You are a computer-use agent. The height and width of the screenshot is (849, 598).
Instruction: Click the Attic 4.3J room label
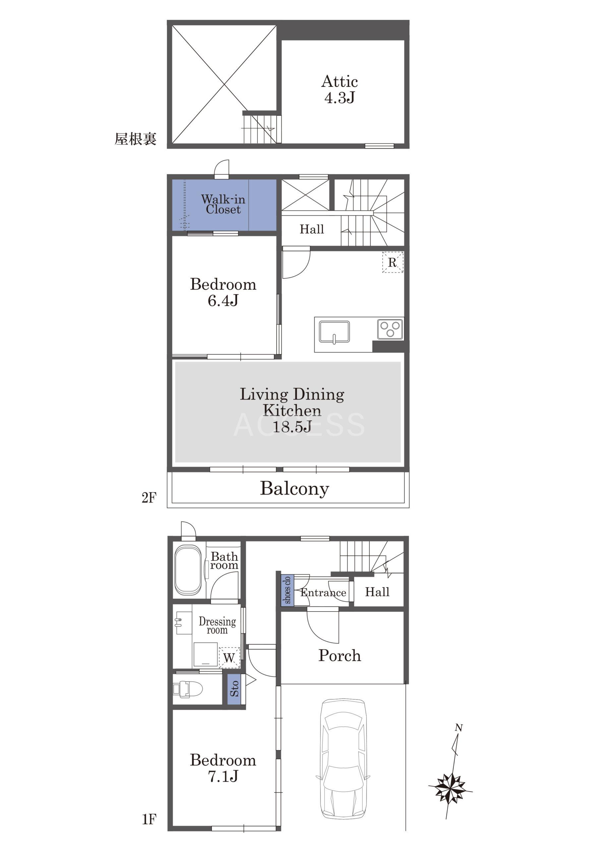[339, 90]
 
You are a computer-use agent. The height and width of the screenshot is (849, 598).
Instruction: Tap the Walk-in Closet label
[223, 204]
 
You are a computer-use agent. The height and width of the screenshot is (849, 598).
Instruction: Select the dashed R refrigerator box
[392, 262]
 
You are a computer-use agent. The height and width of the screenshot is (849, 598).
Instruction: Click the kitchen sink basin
[334, 332]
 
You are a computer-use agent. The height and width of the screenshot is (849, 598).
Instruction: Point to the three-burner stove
[390, 329]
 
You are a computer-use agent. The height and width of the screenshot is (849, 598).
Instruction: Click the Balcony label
[295, 489]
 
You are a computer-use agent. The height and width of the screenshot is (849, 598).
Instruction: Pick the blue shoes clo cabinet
[287, 591]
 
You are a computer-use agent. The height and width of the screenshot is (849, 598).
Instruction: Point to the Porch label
[340, 656]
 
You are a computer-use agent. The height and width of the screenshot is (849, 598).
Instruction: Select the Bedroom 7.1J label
[223, 769]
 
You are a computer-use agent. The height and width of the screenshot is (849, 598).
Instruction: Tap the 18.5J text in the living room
[292, 426]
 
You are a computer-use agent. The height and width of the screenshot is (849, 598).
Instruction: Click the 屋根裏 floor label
[135, 139]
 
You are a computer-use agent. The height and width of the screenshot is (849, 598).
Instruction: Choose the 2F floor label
[149, 497]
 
